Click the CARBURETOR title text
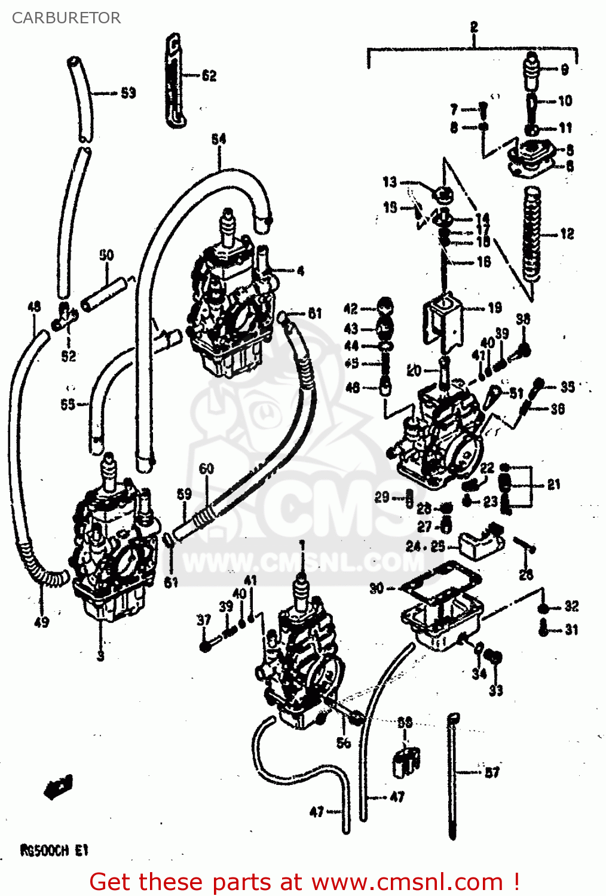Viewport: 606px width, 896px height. click(66, 18)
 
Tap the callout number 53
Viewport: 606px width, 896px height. click(128, 93)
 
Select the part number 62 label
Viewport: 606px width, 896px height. click(209, 75)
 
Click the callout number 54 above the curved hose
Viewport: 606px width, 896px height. click(219, 139)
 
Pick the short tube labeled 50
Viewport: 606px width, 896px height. click(105, 294)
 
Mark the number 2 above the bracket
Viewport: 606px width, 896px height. click(474, 27)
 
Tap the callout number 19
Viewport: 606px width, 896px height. click(495, 308)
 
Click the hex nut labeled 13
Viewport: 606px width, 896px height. click(442, 194)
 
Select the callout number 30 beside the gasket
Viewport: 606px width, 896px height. click(377, 588)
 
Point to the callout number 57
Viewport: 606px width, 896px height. click(492, 772)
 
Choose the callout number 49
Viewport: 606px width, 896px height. click(41, 622)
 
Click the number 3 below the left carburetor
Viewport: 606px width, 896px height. click(100, 655)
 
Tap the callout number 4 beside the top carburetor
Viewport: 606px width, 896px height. click(300, 271)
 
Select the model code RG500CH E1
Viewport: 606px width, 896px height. click(54, 850)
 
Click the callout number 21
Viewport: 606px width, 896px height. click(554, 484)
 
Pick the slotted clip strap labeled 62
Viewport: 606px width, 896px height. click(173, 81)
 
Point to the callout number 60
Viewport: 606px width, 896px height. click(206, 468)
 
